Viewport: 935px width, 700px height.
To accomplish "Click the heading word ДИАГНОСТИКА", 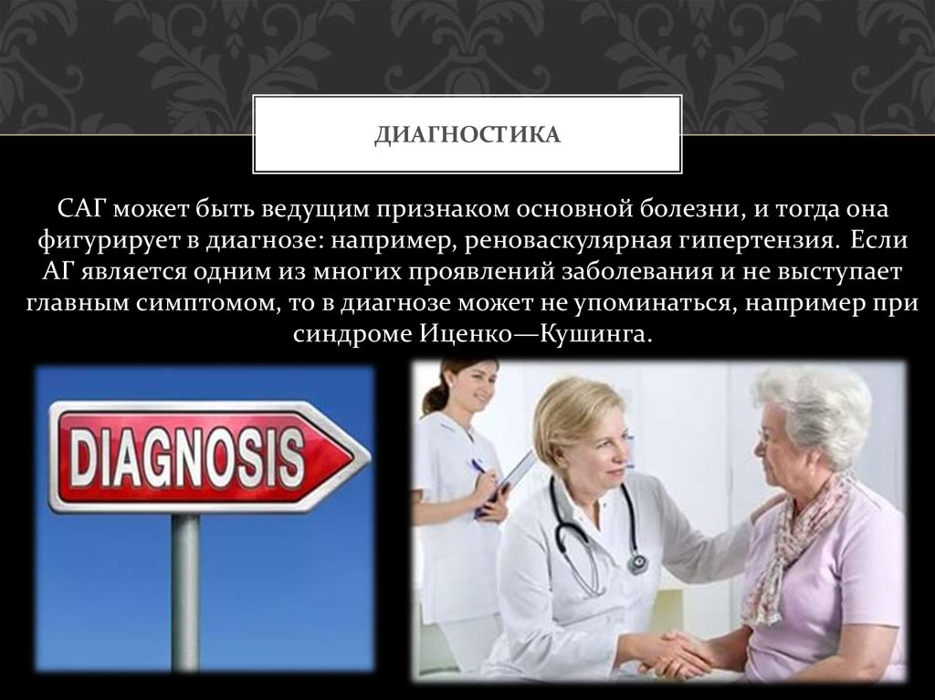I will [x=467, y=135].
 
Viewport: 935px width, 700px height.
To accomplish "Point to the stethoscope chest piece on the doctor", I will [x=637, y=563].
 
